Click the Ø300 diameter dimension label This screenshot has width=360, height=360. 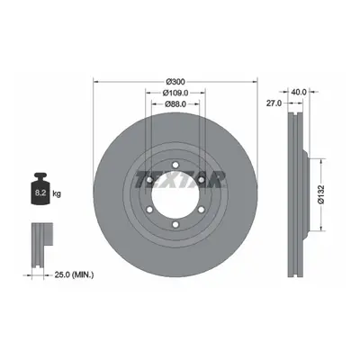175,82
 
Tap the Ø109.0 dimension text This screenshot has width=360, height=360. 175,93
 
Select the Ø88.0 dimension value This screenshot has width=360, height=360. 175,103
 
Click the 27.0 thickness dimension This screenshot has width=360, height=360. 274,103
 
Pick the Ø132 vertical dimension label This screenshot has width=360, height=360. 321,194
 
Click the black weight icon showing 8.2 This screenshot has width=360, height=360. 40,188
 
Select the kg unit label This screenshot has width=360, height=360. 57,193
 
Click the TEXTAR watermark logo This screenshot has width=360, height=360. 180,179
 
